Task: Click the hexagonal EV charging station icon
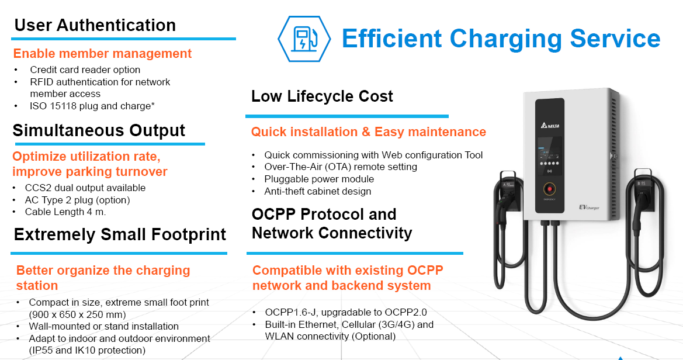[x=304, y=39]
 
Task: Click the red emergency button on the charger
[x=549, y=189]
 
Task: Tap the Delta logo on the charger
[x=550, y=126]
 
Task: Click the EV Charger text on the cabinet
[x=589, y=207]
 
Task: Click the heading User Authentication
[x=95, y=25]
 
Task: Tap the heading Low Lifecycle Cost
[x=322, y=96]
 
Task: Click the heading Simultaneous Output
[x=99, y=131]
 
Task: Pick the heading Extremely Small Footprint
[x=120, y=234]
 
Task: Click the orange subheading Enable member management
[x=102, y=54]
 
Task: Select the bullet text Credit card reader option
[x=85, y=70]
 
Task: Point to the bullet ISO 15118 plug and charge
[x=92, y=106]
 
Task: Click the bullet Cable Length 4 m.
[x=65, y=212]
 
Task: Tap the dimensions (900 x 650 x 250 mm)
[x=86, y=314]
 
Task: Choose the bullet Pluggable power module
[x=319, y=179]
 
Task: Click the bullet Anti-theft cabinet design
[x=317, y=191]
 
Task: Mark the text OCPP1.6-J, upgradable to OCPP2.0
[x=346, y=312]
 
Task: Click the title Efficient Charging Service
[x=501, y=39]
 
